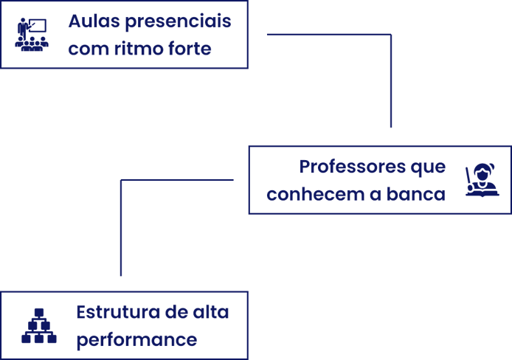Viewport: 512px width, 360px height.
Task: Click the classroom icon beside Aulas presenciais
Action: pyautogui.click(x=32, y=35)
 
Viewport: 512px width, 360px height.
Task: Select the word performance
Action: pyautogui.click(x=136, y=341)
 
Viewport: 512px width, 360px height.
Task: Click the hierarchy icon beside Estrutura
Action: pyautogui.click(x=39, y=326)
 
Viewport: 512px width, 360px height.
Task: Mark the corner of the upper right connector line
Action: pyautogui.click(x=390, y=34)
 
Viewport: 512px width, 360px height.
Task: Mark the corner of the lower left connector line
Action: pyautogui.click(x=121, y=179)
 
